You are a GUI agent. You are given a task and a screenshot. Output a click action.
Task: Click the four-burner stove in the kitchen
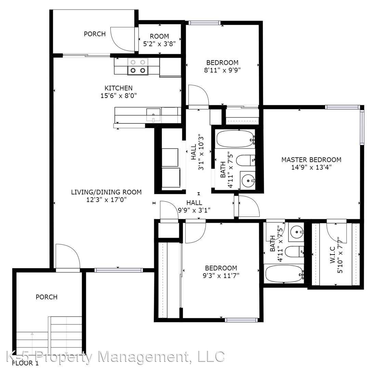tap(138, 66)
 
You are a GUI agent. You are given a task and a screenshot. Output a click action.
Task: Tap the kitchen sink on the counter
tap(154, 113)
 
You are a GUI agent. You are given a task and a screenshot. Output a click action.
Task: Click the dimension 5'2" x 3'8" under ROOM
tap(159, 44)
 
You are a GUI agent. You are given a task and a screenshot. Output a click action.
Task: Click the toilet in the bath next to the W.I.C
tap(294, 252)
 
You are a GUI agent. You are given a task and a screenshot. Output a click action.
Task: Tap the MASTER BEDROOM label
tap(311, 160)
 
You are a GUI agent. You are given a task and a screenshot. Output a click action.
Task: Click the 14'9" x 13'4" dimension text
tap(311, 167)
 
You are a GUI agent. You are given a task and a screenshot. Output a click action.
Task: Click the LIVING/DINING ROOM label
tap(106, 192)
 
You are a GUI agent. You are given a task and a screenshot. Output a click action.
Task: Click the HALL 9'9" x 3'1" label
tap(194, 207)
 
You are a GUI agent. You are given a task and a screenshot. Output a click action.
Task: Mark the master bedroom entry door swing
tap(248, 207)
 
